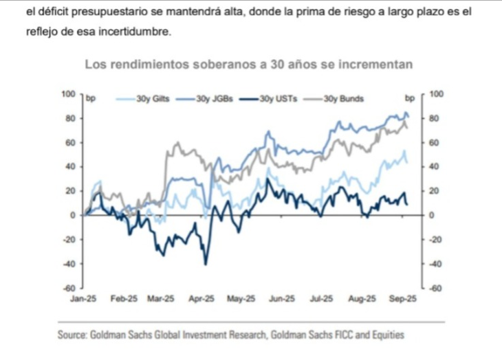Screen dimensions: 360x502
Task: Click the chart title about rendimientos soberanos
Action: click(248, 65)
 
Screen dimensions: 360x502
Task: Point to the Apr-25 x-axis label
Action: click(203, 299)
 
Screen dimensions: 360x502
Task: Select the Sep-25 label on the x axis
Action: click(402, 299)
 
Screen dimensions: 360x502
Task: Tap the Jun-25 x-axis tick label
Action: click(282, 299)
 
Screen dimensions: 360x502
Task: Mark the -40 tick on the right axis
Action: click(435, 264)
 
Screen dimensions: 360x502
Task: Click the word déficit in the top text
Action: click(52, 12)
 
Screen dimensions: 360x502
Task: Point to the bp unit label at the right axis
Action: click(410, 98)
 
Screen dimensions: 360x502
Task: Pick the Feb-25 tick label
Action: click(124, 299)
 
